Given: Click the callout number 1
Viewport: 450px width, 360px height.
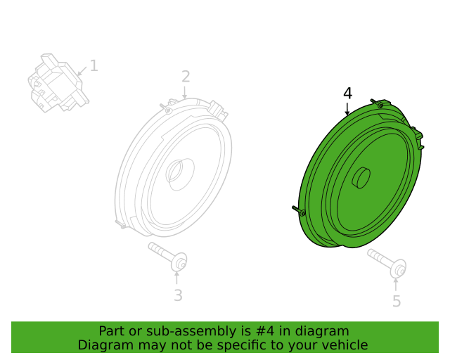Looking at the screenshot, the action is pyautogui.click(x=94, y=65).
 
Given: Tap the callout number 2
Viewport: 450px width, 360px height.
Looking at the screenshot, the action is pyautogui.click(x=186, y=77).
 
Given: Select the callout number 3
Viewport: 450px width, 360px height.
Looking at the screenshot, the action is pyautogui.click(x=178, y=295).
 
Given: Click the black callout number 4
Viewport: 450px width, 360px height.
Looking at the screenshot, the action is pyautogui.click(x=347, y=94).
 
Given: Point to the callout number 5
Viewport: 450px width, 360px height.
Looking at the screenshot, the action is pyautogui.click(x=397, y=301).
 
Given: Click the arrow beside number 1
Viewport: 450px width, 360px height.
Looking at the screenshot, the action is pyautogui.click(x=82, y=72).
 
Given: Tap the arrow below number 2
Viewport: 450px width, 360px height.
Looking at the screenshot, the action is pyautogui.click(x=184, y=93).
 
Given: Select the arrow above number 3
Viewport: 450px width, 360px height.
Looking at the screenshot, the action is pyautogui.click(x=176, y=278).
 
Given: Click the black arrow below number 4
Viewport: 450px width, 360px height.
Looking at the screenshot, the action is pyautogui.click(x=347, y=110).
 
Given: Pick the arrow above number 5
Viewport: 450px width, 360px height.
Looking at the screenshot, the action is pyautogui.click(x=396, y=285).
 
